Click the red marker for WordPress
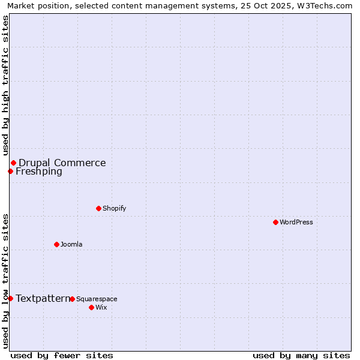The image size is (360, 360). (275, 222)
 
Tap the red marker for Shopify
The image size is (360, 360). (98, 208)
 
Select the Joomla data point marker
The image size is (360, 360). (56, 244)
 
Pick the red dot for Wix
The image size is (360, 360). (91, 307)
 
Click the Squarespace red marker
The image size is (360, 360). (72, 299)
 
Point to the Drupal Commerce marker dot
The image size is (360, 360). (13, 163)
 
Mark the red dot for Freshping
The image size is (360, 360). (10, 172)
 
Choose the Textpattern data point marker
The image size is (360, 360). (10, 298)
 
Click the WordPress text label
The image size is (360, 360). (296, 222)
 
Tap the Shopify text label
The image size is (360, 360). (115, 208)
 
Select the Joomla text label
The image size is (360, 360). (71, 244)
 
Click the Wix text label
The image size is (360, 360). (101, 307)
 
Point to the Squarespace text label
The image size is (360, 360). (97, 299)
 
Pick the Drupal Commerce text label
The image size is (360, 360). (62, 163)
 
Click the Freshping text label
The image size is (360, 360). (39, 172)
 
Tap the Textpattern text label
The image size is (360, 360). (43, 298)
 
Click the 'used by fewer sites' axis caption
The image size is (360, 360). (62, 355)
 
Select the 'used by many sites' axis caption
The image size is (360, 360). (301, 355)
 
